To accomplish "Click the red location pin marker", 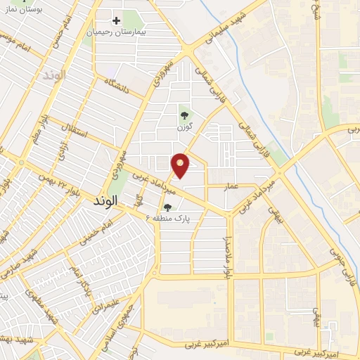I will [x=181, y=165].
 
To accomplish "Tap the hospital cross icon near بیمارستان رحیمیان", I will [x=117, y=20].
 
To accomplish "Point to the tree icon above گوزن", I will [x=185, y=115].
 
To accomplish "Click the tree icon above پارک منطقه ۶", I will [x=167, y=207].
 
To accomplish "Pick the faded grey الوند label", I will [x=53, y=74].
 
